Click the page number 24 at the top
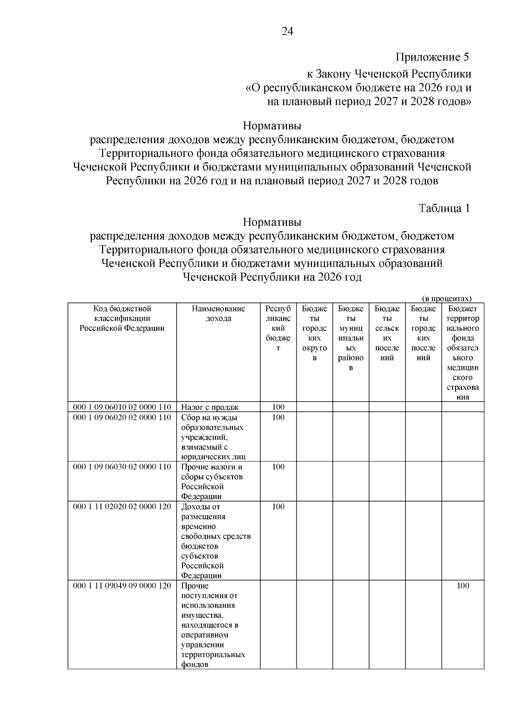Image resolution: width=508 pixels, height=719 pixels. tap(287, 32)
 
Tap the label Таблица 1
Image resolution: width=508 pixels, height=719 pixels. tap(444, 208)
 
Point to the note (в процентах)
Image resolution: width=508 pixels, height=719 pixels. tap(447, 299)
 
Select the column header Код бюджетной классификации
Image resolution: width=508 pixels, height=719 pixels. tap(122, 318)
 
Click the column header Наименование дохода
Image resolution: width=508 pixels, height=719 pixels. tap(218, 314)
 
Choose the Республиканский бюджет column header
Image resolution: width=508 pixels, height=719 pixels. tap(278, 328)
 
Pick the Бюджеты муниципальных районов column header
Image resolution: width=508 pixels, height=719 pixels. tap(351, 338)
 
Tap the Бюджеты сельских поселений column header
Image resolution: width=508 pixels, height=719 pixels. tap(387, 333)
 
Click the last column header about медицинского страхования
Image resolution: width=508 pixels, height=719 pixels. tap(463, 353)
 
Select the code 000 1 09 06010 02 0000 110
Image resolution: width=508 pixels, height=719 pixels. tap(122, 407)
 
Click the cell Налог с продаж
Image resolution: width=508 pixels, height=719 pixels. tap(210, 407)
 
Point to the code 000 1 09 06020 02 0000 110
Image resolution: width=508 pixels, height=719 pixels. tap(122, 417)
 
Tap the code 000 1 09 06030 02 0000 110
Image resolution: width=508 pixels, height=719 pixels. tap(122, 467)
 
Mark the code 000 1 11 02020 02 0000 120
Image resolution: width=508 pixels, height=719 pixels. tap(122, 507)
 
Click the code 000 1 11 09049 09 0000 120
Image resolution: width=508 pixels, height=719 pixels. tap(122, 586)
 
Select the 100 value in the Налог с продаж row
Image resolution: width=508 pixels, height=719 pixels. tap(278, 407)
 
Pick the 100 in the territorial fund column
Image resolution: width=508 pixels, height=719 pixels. tap(463, 586)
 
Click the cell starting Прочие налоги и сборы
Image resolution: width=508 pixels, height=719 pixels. tap(212, 481)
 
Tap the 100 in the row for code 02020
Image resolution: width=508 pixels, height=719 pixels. tap(278, 507)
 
